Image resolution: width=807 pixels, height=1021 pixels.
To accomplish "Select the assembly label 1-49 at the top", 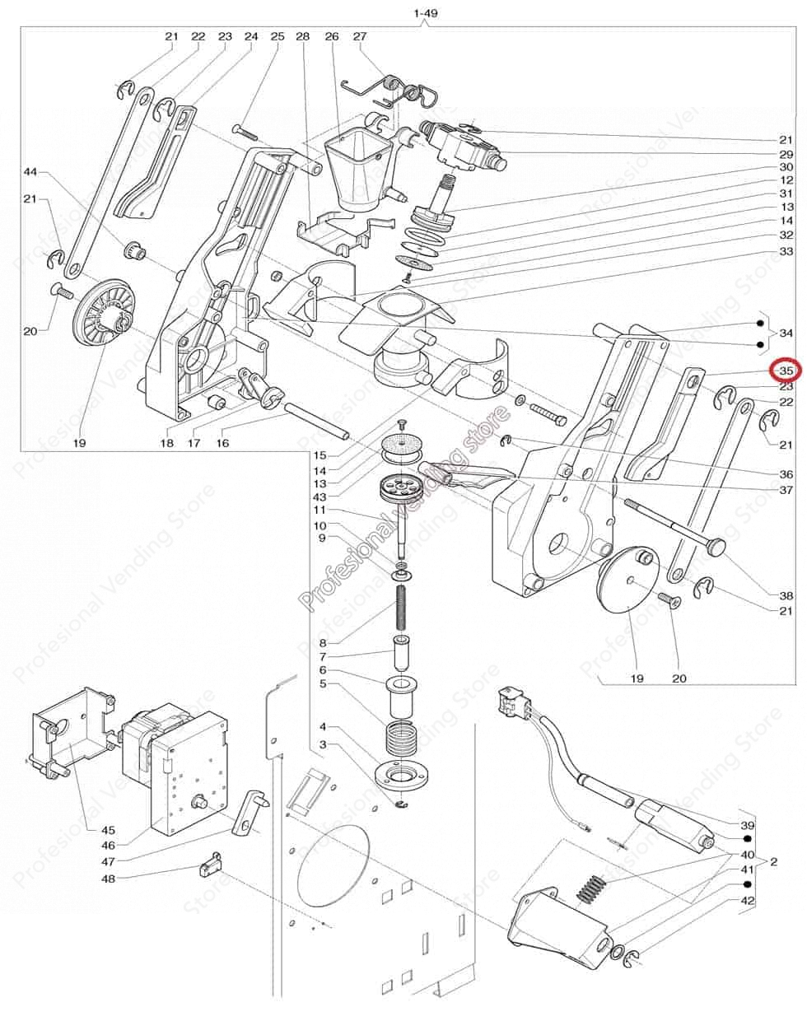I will [425, 14].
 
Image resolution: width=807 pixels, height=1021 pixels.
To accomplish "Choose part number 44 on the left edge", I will [30, 172].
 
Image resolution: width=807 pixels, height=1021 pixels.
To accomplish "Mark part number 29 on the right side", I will [786, 155].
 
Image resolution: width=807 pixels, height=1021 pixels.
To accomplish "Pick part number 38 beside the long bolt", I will [786, 595].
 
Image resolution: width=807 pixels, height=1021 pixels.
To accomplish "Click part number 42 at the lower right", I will [748, 901].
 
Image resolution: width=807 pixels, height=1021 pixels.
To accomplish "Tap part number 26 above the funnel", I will [331, 36].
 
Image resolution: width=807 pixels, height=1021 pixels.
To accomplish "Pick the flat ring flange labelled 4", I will [399, 776].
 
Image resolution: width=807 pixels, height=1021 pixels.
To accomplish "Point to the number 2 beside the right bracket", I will [773, 862].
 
